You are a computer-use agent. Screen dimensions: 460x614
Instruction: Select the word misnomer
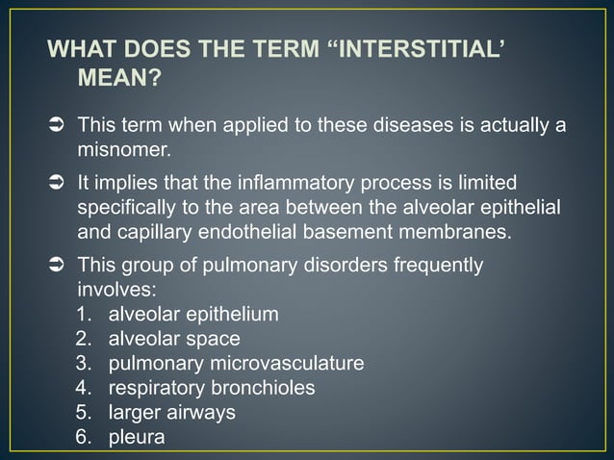pyautogui.click(x=122, y=150)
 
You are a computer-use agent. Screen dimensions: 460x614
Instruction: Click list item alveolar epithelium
pyautogui.click(x=193, y=314)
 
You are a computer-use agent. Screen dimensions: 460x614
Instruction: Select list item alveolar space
pyautogui.click(x=174, y=339)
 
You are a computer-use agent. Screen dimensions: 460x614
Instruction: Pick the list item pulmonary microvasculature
pyautogui.click(x=236, y=364)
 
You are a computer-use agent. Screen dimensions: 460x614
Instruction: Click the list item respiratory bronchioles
pyautogui.click(x=212, y=389)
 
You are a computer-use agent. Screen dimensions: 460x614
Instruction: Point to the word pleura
pyautogui.click(x=137, y=438)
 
